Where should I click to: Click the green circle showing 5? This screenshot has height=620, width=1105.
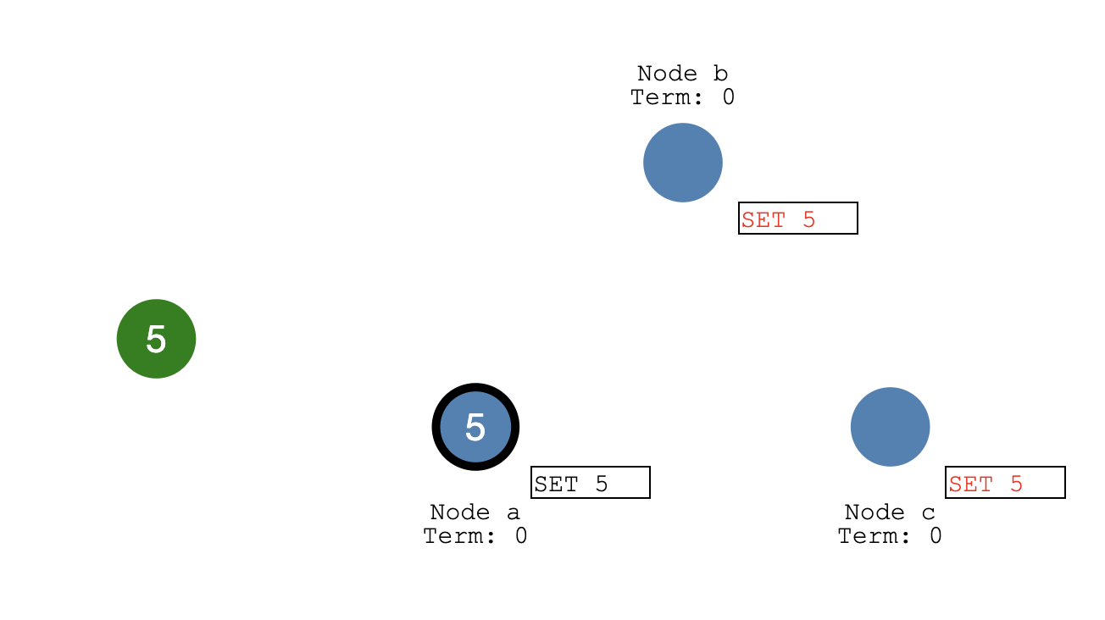pyautogui.click(x=156, y=339)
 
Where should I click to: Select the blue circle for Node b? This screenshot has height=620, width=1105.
pyautogui.click(x=682, y=163)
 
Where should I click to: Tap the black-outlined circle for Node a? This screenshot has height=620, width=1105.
pyautogui.click(x=475, y=427)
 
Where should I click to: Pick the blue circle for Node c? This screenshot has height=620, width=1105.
pyautogui.click(x=890, y=427)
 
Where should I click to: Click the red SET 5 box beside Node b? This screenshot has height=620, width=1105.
pyautogui.click(x=797, y=219)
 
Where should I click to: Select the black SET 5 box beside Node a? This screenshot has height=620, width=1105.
pyautogui.click(x=590, y=483)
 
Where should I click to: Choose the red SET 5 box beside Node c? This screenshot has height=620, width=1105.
pyautogui.click(x=1004, y=483)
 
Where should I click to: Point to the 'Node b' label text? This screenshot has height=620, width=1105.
pyautogui.click(x=682, y=74)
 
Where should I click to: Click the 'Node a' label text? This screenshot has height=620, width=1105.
pyautogui.click(x=475, y=512)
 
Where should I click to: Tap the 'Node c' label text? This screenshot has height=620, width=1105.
pyautogui.click(x=890, y=512)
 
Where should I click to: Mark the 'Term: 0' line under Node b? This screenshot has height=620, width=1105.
pyautogui.click(x=682, y=97)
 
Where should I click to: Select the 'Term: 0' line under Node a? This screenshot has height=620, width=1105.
pyautogui.click(x=475, y=536)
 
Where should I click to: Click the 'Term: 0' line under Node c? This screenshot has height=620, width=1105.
pyautogui.click(x=890, y=536)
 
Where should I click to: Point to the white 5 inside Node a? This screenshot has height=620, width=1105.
pyautogui.click(x=475, y=428)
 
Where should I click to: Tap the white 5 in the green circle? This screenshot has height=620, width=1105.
pyautogui.click(x=156, y=340)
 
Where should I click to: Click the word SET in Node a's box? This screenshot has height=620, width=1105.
pyautogui.click(x=556, y=484)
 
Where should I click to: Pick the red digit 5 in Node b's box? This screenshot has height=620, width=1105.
pyautogui.click(x=808, y=220)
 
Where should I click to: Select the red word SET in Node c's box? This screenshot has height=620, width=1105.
pyautogui.click(x=970, y=484)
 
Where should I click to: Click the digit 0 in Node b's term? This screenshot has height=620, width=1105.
pyautogui.click(x=728, y=97)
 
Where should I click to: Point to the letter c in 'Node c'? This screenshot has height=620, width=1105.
pyautogui.click(x=929, y=513)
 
